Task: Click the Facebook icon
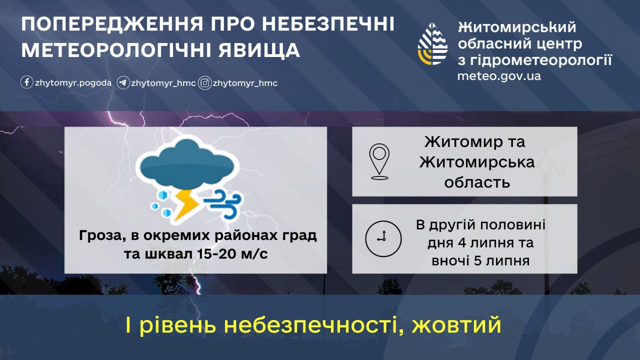click(x=26, y=82)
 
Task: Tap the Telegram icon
click(x=123, y=83)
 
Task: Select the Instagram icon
click(x=204, y=83)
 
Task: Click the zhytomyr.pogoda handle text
click(x=73, y=83)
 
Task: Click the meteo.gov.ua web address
click(x=499, y=76)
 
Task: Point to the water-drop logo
click(x=432, y=43)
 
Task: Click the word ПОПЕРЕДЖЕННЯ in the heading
click(x=112, y=24)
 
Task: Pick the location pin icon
click(x=379, y=161)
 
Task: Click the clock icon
click(x=383, y=238)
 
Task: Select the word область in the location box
click(x=477, y=182)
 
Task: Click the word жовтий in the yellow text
click(x=456, y=325)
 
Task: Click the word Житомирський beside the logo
click(x=517, y=27)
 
